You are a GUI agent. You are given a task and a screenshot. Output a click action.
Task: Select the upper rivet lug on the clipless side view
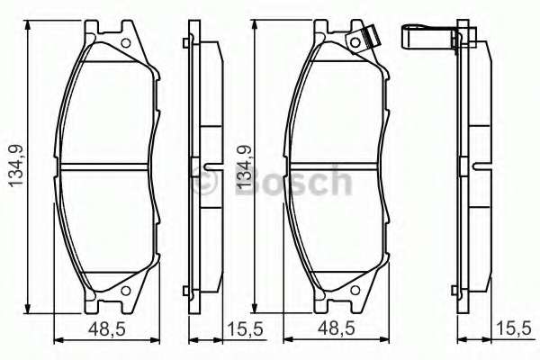pyautogui.click(x=185, y=42)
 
